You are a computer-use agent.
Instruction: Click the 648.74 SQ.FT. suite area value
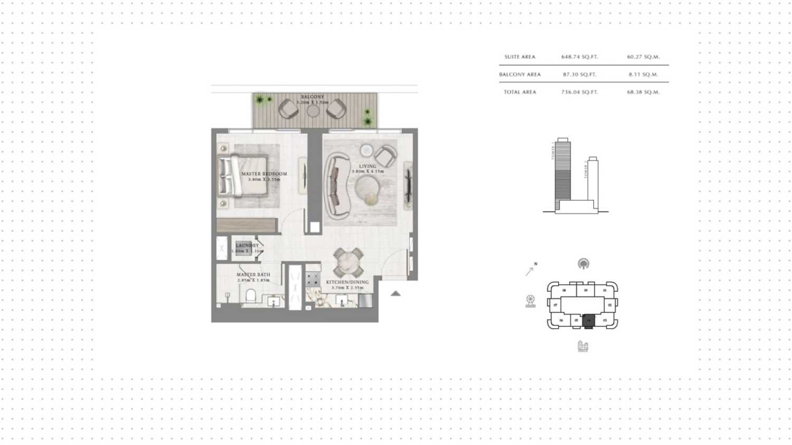point(579,57)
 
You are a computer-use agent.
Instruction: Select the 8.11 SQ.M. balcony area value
point(643,75)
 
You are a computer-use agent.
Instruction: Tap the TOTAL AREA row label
point(520,92)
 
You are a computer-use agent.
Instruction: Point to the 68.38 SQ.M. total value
point(643,92)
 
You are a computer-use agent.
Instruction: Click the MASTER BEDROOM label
point(264,174)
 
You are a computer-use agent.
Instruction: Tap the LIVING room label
point(367,166)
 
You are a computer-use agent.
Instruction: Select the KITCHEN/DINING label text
point(347,282)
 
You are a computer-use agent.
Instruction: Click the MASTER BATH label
point(253,275)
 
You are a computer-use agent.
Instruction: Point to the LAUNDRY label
point(247,246)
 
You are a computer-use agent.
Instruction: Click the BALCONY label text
point(313,97)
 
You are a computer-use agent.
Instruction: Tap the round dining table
point(348,262)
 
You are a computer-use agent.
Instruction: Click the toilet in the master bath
point(251,295)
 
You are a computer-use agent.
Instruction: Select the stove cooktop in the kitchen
point(313,279)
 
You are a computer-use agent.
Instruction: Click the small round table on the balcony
point(313,111)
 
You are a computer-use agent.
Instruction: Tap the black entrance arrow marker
point(395,293)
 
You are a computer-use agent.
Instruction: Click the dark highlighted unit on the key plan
point(589,320)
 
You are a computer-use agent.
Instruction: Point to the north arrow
point(530,270)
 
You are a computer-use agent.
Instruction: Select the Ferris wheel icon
point(531,301)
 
